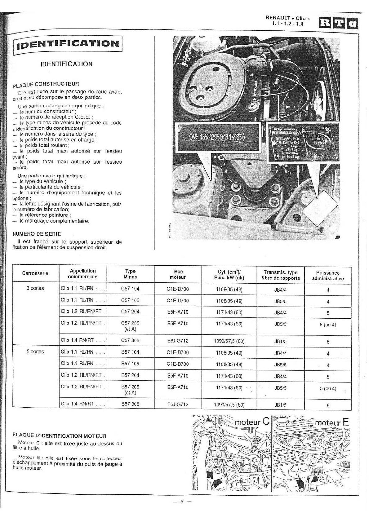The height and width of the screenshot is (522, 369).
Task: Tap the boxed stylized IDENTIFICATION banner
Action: [x=68, y=44]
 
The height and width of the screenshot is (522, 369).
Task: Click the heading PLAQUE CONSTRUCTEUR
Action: [x=46, y=84]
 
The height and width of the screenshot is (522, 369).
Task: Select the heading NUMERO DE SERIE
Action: [x=37, y=234]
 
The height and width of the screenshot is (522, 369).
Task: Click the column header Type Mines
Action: [x=130, y=274]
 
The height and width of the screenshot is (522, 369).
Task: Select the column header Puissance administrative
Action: [x=328, y=276]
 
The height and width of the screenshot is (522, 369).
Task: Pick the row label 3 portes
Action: [x=35, y=288]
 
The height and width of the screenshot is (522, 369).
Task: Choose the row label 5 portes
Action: [x=35, y=352]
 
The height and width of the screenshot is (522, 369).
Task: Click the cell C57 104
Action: [x=130, y=289]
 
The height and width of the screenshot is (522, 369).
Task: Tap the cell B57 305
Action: [x=130, y=404]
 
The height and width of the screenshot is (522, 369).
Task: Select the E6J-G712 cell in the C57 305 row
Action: [x=178, y=341]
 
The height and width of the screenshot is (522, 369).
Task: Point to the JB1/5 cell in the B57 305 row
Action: [x=280, y=405]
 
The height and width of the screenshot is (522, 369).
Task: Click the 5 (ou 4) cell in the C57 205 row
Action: [x=328, y=325]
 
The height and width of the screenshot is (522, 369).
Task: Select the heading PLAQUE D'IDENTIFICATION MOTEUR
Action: [x=60, y=436]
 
